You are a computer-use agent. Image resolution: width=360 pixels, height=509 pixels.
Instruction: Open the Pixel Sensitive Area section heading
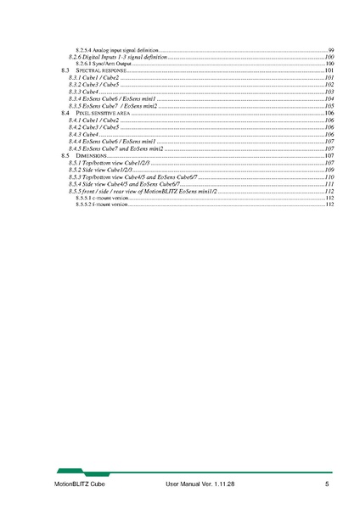point(98,113)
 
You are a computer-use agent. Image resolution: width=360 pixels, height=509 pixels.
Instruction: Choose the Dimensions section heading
point(90,156)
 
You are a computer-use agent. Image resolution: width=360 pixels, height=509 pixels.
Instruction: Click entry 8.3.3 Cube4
point(84,91)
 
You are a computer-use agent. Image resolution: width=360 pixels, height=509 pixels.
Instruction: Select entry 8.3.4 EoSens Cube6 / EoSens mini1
point(111,98)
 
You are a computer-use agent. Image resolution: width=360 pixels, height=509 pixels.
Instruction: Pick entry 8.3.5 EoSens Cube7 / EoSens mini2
point(112,106)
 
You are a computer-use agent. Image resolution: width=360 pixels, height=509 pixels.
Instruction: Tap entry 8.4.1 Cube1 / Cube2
point(94,120)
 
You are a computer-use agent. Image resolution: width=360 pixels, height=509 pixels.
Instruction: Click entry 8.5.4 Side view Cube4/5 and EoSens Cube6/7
point(124,184)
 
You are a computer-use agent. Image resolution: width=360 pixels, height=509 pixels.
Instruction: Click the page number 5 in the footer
point(326,484)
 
